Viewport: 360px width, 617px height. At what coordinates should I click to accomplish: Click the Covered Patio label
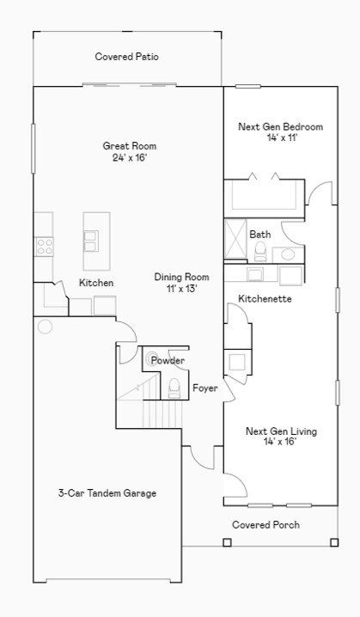click(126, 58)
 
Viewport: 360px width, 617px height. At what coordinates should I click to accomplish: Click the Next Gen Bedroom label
click(280, 127)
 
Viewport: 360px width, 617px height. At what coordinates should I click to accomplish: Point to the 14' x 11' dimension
click(280, 138)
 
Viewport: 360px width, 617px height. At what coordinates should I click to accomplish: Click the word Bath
click(259, 234)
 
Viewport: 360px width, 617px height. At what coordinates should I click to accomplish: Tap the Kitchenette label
click(265, 299)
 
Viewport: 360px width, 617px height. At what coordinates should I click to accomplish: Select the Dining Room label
click(181, 277)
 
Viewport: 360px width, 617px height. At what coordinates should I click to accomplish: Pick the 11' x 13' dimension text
click(181, 289)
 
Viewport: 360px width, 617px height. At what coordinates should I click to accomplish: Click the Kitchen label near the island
click(96, 283)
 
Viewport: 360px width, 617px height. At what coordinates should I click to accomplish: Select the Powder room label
click(168, 360)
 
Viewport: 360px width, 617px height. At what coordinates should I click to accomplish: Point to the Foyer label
click(204, 388)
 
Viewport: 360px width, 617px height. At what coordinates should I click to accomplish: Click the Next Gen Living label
click(280, 431)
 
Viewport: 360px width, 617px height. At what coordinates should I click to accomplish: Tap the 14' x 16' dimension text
click(280, 443)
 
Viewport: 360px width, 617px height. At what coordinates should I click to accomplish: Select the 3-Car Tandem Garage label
click(107, 493)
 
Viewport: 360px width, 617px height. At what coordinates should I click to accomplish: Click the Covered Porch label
click(265, 524)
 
